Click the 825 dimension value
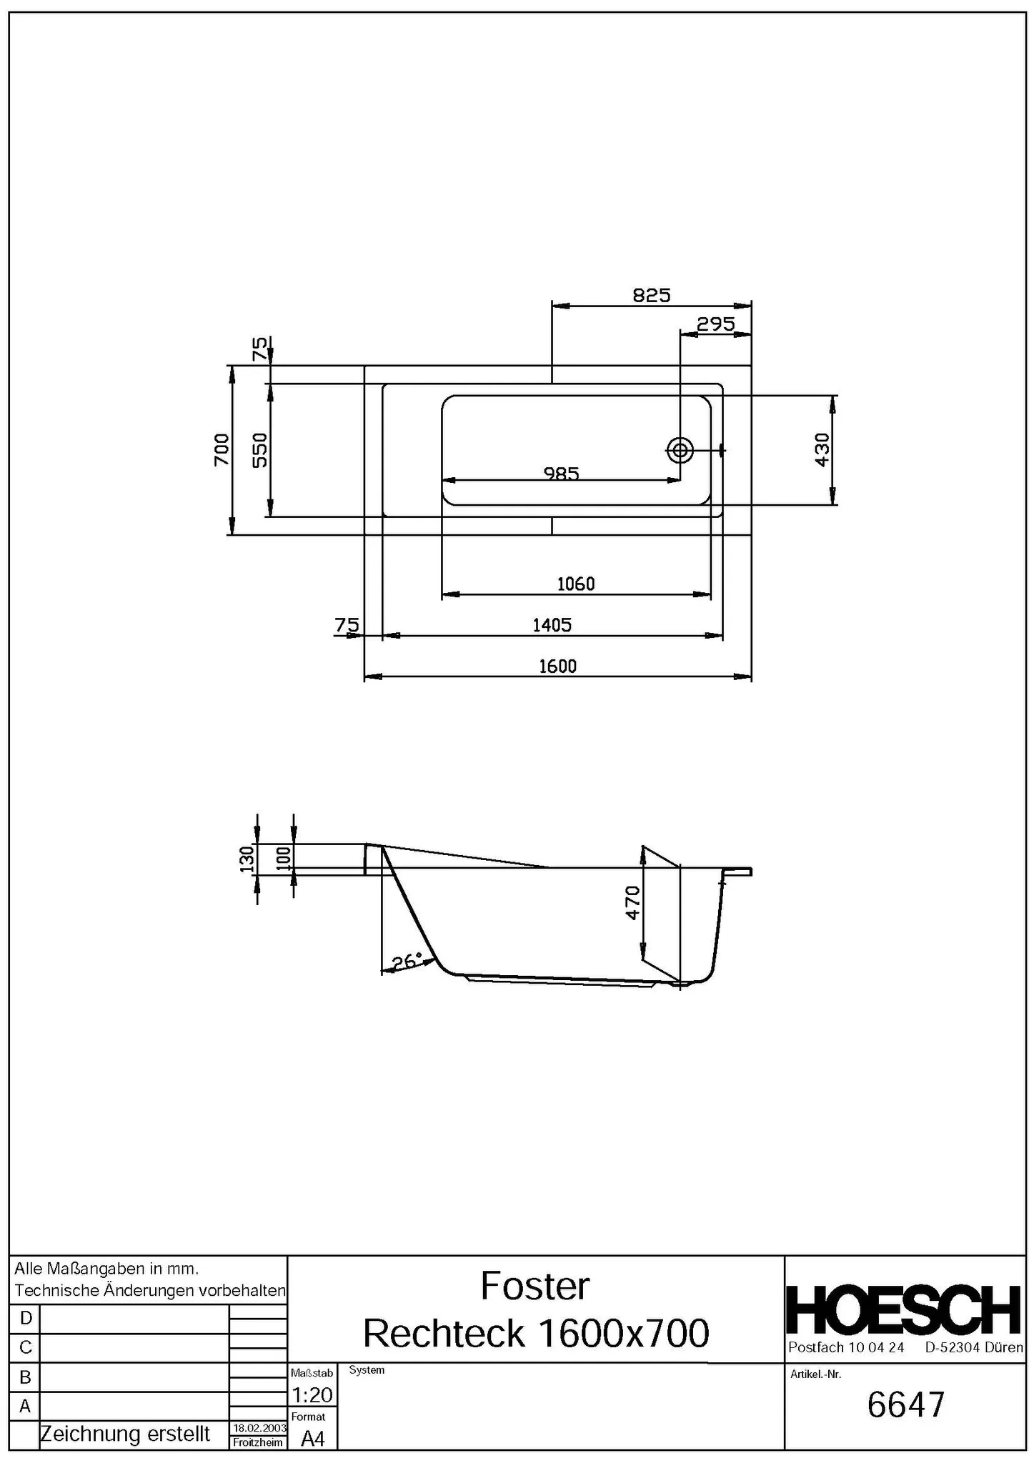651,296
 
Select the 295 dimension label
715,325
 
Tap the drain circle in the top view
680,450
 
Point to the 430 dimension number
822,449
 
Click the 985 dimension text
561,473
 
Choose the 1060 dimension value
575,584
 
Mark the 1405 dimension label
552,626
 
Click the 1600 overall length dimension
557,666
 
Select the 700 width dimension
222,449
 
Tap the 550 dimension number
260,449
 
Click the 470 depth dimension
632,902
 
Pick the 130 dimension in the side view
247,859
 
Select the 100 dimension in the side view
284,858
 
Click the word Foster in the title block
535,1286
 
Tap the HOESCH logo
904,1310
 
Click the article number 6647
905,1404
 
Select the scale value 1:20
312,1394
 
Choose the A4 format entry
312,1439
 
